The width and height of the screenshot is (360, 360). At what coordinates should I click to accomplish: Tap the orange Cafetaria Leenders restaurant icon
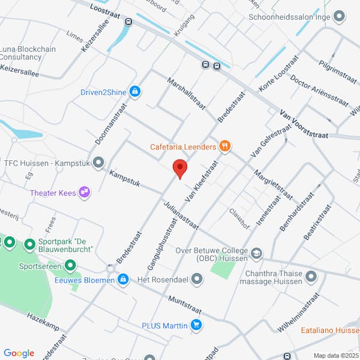225,145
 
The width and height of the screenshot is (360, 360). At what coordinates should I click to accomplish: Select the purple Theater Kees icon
85,192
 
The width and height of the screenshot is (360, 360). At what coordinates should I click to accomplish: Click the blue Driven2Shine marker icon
136,91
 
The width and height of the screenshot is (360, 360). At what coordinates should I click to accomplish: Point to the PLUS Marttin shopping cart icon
196,325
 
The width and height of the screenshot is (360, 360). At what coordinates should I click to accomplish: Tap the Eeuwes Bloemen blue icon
123,280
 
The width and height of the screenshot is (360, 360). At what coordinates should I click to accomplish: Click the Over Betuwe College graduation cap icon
257,254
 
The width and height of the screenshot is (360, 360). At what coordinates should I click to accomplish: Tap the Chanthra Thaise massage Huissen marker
311,277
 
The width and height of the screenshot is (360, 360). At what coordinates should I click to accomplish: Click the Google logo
19,353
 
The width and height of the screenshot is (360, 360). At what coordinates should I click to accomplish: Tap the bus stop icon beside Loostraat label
128,22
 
